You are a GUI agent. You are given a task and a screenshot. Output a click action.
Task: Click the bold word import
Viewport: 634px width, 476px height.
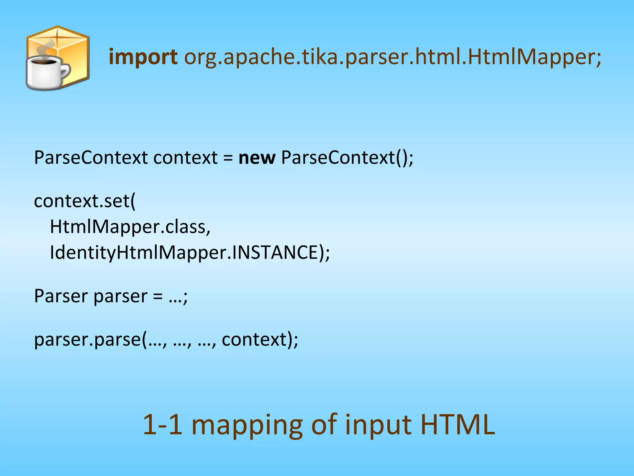click(x=143, y=58)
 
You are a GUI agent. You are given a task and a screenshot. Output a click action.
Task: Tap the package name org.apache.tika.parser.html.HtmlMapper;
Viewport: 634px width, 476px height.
click(x=393, y=58)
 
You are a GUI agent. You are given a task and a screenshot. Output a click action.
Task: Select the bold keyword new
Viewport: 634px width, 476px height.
click(x=257, y=158)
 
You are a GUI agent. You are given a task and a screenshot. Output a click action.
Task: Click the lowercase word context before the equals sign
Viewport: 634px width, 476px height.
click(x=185, y=158)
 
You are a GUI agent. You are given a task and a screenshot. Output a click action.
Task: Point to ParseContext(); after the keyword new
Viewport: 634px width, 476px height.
click(x=347, y=158)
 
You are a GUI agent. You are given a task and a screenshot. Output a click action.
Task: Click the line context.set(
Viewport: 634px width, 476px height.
click(x=85, y=201)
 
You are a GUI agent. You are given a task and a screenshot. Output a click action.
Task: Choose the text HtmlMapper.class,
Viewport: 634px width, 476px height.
click(x=130, y=227)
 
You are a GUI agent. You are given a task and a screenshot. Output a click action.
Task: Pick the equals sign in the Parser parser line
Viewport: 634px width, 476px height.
click(x=158, y=297)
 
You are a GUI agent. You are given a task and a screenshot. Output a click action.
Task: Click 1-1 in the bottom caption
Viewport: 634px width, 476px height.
click(x=163, y=425)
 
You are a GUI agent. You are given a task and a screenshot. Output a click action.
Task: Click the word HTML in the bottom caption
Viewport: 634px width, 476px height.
click(x=458, y=425)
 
